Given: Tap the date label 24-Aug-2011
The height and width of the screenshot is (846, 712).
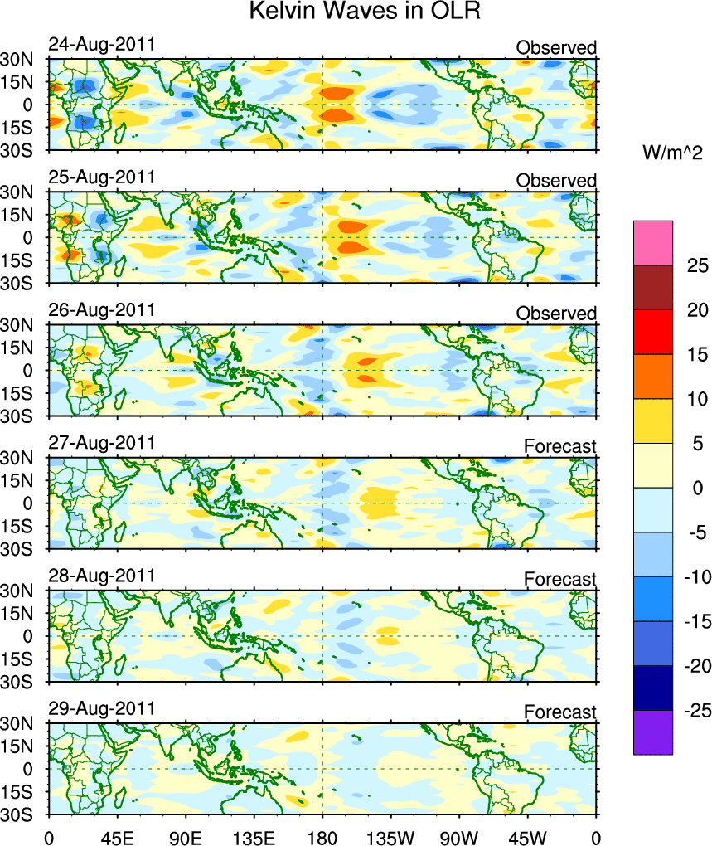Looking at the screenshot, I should click(x=101, y=44).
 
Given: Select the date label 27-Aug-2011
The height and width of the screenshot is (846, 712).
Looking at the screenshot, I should click(x=101, y=442).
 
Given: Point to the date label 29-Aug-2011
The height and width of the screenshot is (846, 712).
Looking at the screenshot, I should click(x=101, y=708).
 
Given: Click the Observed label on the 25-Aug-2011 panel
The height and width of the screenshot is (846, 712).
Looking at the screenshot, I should click(x=556, y=181).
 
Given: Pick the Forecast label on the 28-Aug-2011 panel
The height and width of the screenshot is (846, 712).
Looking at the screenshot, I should click(x=559, y=579).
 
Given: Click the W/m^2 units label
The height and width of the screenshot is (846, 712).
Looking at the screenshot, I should click(x=672, y=153).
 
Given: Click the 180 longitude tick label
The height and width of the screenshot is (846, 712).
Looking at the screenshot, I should click(x=322, y=832).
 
